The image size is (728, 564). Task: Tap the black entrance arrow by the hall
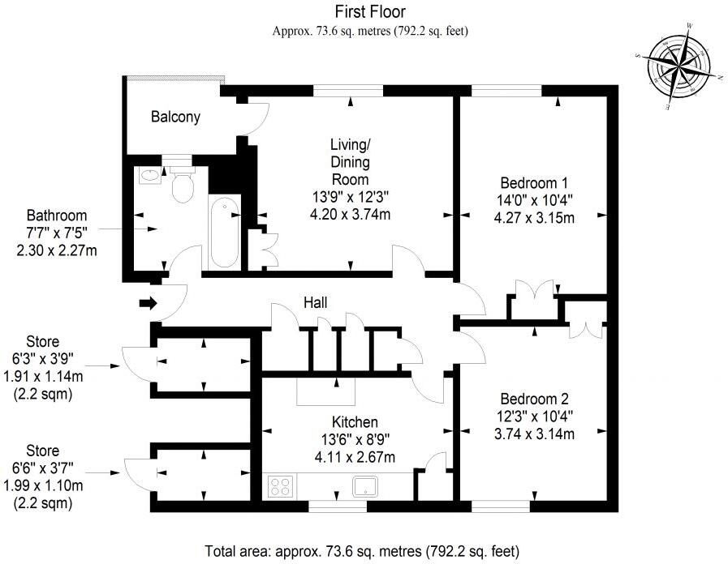click(x=147, y=304)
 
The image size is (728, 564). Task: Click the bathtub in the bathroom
click(x=225, y=232)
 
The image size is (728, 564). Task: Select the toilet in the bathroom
click(x=183, y=186)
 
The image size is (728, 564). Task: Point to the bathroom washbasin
click(x=149, y=175)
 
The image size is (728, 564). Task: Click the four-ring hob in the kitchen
click(x=280, y=486)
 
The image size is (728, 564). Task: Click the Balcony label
click(x=175, y=117)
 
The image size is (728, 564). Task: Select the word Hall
click(x=315, y=302)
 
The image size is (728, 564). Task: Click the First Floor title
click(x=370, y=11)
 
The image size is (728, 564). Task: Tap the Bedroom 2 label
click(x=534, y=399)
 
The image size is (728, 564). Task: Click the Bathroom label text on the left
click(x=57, y=216)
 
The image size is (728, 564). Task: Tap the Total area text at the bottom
click(x=362, y=552)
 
